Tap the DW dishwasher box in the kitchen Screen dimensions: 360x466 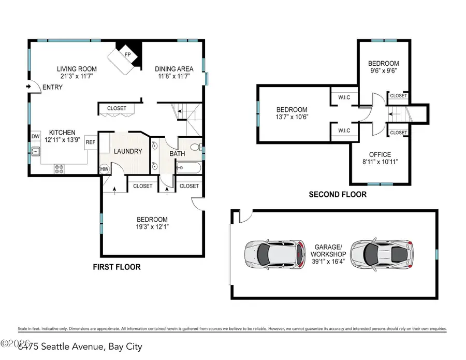pos(35,136)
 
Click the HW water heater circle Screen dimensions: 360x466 pos(104,169)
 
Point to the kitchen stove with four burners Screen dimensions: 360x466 pos(59,168)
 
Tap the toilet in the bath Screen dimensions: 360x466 pos(195,148)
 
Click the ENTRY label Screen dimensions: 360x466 pos(52,87)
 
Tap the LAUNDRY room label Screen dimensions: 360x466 pos(128,151)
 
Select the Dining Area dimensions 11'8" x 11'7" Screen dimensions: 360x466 pos(174,76)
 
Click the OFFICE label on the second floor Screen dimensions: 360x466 pos(380,154)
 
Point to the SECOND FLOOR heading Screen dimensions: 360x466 pos(338,195)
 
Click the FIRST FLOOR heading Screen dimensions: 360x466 pos(116,267)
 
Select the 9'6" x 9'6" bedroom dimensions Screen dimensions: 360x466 pos(382,70)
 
